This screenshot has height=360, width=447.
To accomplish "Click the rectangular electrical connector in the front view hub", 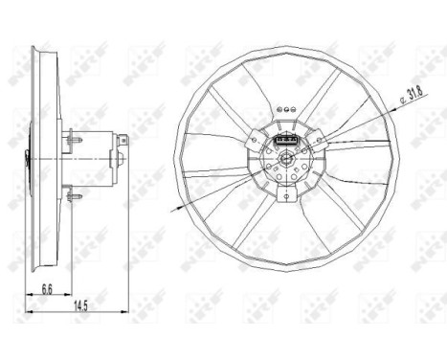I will (285, 146).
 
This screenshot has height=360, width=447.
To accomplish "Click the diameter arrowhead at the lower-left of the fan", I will (175, 207).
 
